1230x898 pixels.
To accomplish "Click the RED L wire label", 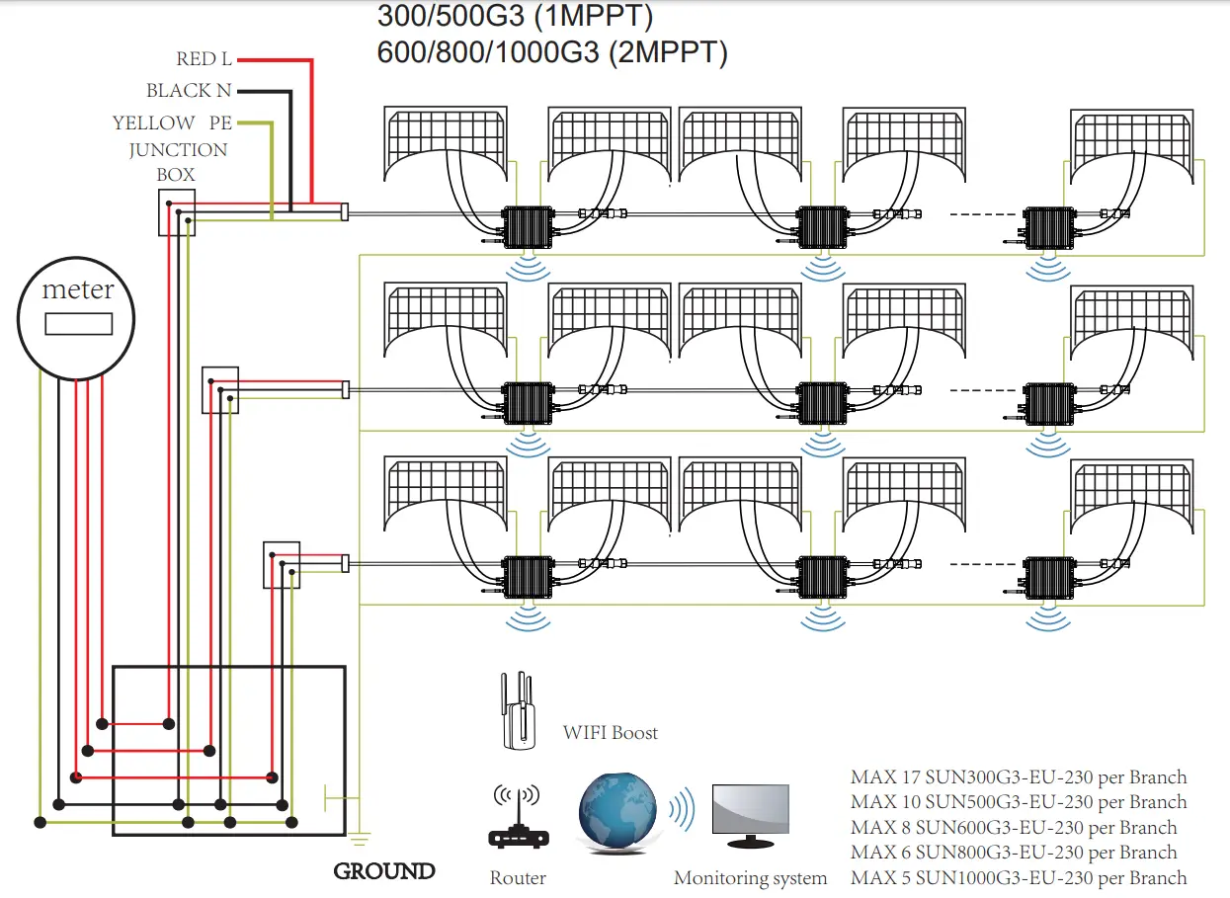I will [204, 60].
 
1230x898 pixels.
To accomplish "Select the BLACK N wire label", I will [189, 91].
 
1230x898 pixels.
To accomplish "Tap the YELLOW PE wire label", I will [172, 123].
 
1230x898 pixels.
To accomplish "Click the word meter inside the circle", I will [77, 290].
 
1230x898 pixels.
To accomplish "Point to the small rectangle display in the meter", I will [78, 324].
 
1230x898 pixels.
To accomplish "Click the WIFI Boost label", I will [610, 733].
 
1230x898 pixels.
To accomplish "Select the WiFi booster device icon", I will [516, 711].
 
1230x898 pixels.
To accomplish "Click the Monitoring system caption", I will [750, 878].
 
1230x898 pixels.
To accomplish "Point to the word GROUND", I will [384, 871].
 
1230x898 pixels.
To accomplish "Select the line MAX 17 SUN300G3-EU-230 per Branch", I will [1018, 777].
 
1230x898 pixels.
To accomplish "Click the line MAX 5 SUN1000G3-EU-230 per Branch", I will [1018, 877].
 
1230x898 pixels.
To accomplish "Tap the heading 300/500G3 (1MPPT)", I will [515, 17].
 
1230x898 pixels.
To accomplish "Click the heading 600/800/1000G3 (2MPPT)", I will [552, 52].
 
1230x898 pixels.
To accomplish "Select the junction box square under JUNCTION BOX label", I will [177, 212].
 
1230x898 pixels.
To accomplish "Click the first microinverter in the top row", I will [528, 227].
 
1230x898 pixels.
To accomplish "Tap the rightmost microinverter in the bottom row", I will [1049, 576].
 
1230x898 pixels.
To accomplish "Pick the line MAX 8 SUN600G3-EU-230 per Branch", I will [1014, 828].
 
